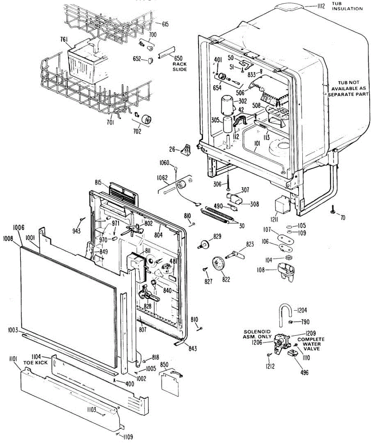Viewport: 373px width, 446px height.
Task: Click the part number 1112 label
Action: point(321,6)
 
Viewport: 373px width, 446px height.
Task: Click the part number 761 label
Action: point(64,39)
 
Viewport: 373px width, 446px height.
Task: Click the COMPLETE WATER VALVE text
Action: point(311,344)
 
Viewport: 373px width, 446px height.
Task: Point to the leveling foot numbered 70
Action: point(331,211)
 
